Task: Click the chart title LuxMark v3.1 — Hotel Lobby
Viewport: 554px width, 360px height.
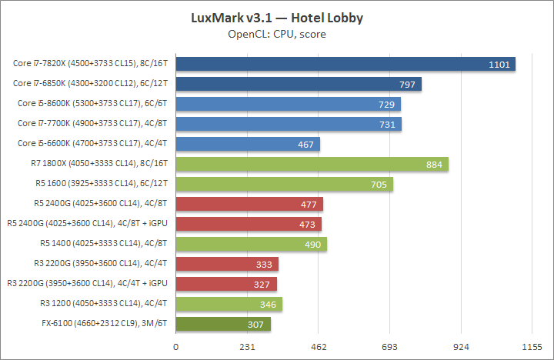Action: click(x=277, y=17)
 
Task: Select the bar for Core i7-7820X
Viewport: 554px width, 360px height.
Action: click(x=345, y=64)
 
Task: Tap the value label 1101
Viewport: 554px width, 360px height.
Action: click(x=499, y=65)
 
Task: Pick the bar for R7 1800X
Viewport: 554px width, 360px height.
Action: click(x=312, y=164)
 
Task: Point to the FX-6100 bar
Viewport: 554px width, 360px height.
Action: click(x=223, y=324)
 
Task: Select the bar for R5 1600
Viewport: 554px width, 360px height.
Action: click(x=284, y=184)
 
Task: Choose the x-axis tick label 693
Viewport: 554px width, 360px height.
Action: click(x=390, y=348)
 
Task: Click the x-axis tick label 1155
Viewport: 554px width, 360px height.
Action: click(x=532, y=348)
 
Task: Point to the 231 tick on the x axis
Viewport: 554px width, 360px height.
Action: click(x=248, y=348)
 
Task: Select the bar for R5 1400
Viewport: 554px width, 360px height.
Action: click(x=251, y=244)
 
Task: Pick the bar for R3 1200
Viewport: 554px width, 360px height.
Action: click(x=229, y=304)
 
